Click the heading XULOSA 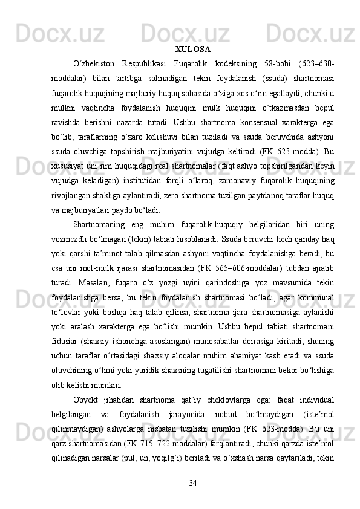[192, 48]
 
